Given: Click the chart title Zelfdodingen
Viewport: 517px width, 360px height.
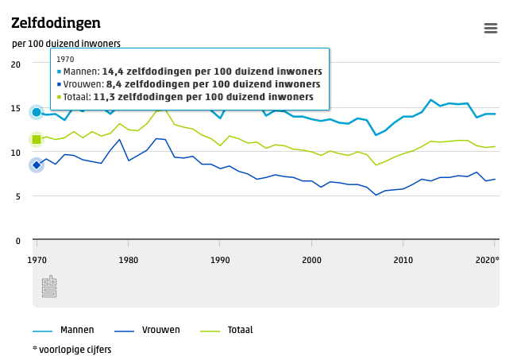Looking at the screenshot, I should (x=56, y=22).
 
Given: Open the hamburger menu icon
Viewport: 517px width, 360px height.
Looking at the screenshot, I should (x=490, y=28).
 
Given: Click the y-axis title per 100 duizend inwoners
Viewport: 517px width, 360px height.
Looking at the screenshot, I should (x=67, y=43).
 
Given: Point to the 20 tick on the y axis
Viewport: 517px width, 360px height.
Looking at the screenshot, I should (x=15, y=64).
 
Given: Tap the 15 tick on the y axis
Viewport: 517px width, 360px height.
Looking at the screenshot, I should (x=15, y=108).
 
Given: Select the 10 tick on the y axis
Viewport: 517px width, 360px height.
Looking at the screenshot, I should (x=15, y=152).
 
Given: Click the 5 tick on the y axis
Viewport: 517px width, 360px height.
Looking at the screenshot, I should (x=17, y=196).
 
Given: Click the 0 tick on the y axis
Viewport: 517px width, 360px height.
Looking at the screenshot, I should (x=17, y=240).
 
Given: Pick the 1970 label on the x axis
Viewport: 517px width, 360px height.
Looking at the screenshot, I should (x=37, y=260).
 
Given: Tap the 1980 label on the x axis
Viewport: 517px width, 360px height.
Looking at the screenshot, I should (x=128, y=260).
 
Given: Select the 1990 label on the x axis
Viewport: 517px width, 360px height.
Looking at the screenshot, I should (x=220, y=260).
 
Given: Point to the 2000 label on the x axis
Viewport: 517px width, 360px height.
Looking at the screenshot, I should (x=311, y=260).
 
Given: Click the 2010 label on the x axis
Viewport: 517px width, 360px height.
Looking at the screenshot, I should (x=403, y=260).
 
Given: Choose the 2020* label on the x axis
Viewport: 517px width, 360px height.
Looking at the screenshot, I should (x=487, y=260).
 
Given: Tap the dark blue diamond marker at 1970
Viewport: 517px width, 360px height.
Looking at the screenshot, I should (x=37, y=165).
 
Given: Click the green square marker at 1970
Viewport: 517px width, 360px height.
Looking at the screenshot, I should (x=37, y=140).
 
